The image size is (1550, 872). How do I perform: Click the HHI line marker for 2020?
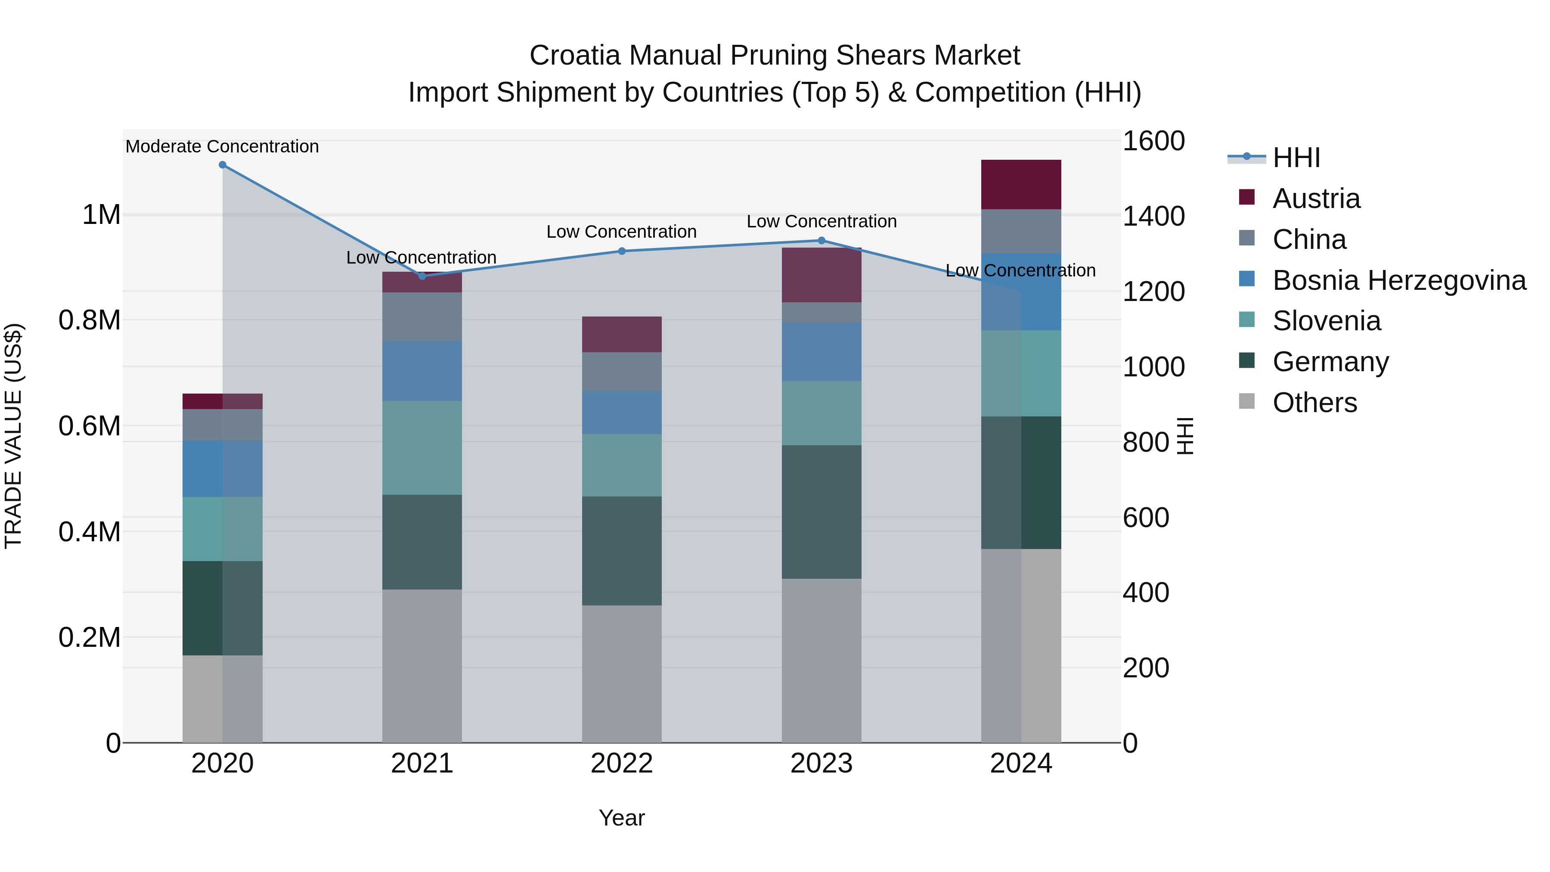click(223, 165)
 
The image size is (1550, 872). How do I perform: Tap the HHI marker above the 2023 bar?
click(821, 241)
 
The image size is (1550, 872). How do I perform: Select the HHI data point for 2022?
click(622, 251)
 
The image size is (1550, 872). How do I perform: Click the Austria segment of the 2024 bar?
click(1021, 185)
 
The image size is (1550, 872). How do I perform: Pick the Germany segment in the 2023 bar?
click(821, 512)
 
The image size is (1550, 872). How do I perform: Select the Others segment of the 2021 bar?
click(422, 666)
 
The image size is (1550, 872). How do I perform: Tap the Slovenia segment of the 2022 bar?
click(622, 465)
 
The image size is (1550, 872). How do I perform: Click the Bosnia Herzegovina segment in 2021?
click(422, 371)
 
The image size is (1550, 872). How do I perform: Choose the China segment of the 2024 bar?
click(1021, 231)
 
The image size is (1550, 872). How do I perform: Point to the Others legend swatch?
click(1247, 401)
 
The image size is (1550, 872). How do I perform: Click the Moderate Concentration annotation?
click(222, 146)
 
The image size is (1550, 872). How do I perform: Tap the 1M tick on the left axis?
click(101, 215)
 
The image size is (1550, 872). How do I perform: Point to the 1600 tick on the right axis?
click(1153, 141)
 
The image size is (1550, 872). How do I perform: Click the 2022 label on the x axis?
click(622, 763)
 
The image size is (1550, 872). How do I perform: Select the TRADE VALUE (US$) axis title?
click(13, 436)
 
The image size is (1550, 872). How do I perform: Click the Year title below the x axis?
click(622, 818)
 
